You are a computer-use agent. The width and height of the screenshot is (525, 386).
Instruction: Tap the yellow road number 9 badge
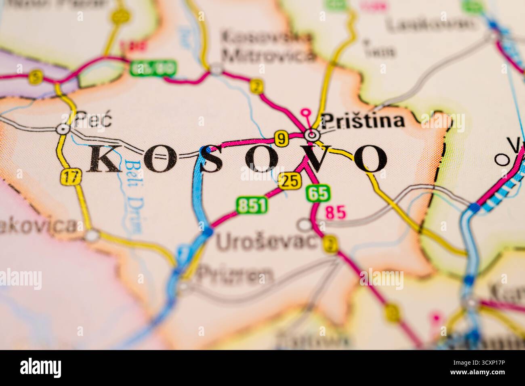click(x=281, y=138)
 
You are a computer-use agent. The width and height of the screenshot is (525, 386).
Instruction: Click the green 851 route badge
click(x=252, y=205)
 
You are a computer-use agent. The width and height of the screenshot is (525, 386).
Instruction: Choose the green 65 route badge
click(x=318, y=193)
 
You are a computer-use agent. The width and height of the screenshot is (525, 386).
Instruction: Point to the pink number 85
click(x=336, y=213)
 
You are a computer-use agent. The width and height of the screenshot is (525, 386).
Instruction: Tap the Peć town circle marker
click(x=63, y=129)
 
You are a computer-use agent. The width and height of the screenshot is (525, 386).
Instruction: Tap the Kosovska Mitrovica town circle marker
click(x=217, y=69)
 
